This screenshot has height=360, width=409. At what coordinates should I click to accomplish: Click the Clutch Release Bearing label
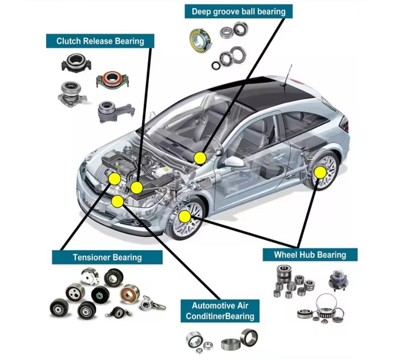[100, 41]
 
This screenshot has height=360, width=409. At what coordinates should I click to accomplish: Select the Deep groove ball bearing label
[238, 11]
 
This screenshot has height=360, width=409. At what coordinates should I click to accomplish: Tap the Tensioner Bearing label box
[107, 257]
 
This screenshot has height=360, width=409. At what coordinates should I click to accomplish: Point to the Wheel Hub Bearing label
[310, 254]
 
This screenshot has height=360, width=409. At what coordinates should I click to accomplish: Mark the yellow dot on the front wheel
[184, 217]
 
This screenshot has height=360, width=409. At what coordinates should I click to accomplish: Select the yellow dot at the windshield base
[200, 158]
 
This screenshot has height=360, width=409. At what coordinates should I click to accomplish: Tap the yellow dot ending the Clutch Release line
[137, 187]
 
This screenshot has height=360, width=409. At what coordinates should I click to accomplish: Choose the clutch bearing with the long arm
[111, 111]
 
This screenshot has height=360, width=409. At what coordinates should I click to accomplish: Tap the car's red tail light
[345, 125]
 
